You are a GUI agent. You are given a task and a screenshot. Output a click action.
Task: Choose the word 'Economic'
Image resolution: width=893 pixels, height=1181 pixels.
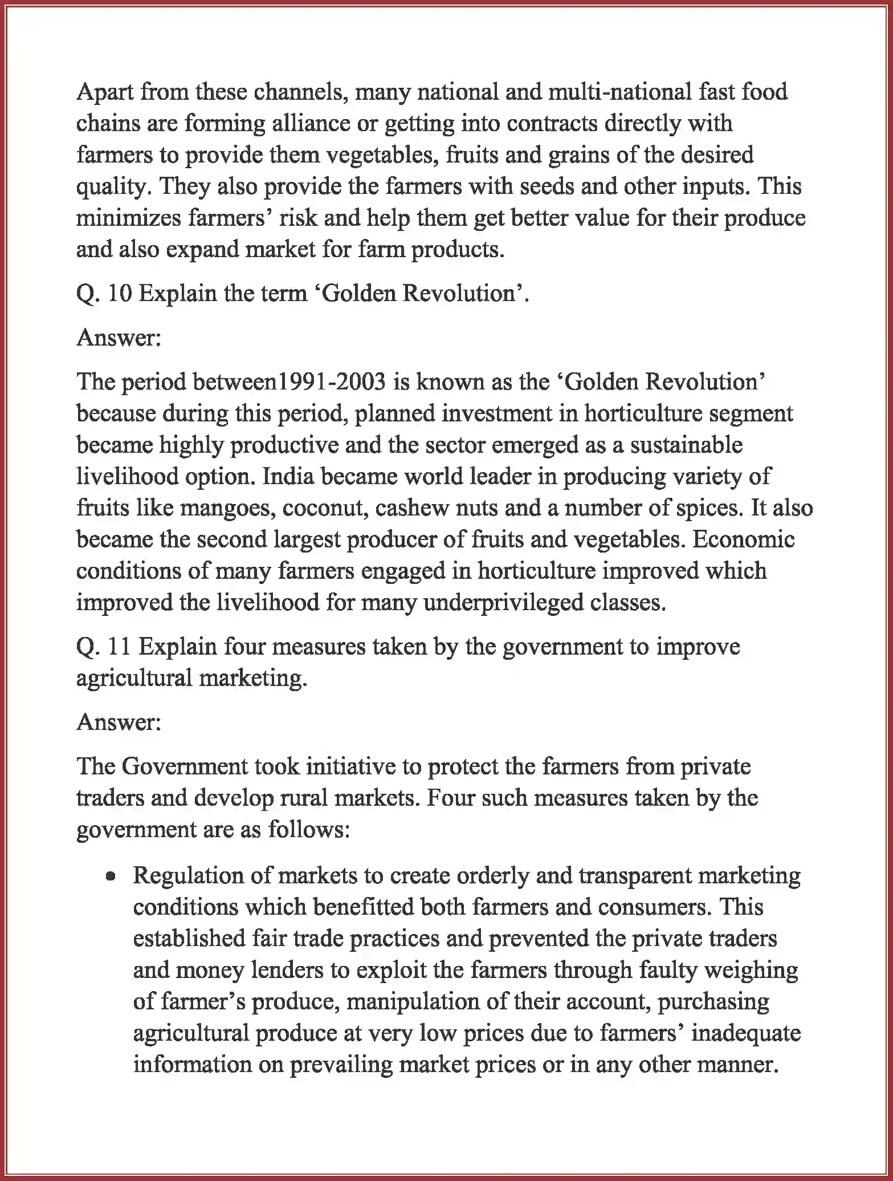743,539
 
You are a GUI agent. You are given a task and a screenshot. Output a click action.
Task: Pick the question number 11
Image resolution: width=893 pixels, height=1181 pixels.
119,647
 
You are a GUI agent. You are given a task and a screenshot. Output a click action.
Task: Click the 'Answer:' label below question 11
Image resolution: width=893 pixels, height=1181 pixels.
119,723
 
